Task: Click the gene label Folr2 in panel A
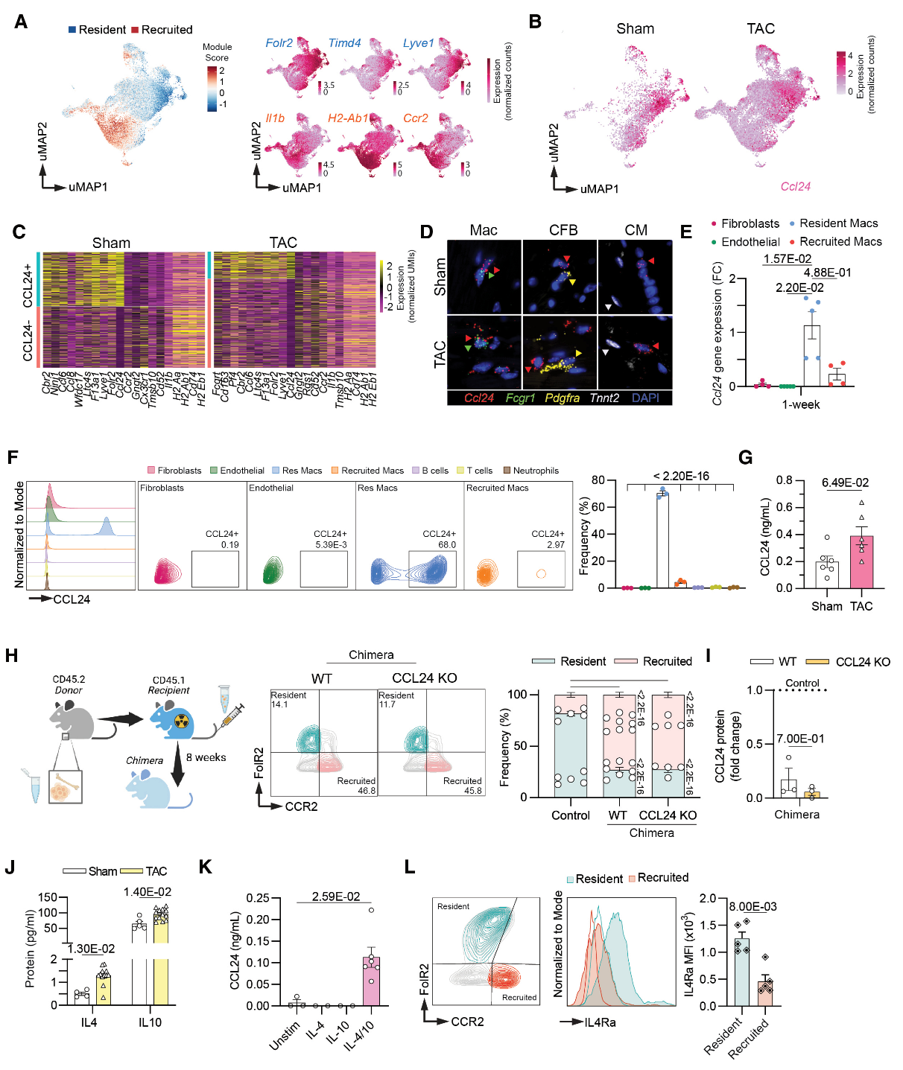click(279, 43)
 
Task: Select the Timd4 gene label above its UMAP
click(344, 43)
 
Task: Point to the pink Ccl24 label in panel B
click(795, 187)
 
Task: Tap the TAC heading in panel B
click(761, 29)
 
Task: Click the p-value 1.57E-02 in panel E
click(788, 259)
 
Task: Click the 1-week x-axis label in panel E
click(800, 404)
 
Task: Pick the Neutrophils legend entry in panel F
click(531, 471)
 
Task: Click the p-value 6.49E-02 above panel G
click(845, 483)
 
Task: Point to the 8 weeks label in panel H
click(206, 757)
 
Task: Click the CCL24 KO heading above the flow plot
click(424, 678)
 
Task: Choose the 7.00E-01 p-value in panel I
click(800, 739)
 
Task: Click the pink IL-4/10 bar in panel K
click(371, 981)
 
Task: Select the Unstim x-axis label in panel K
click(285, 1036)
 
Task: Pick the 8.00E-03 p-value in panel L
click(752, 907)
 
